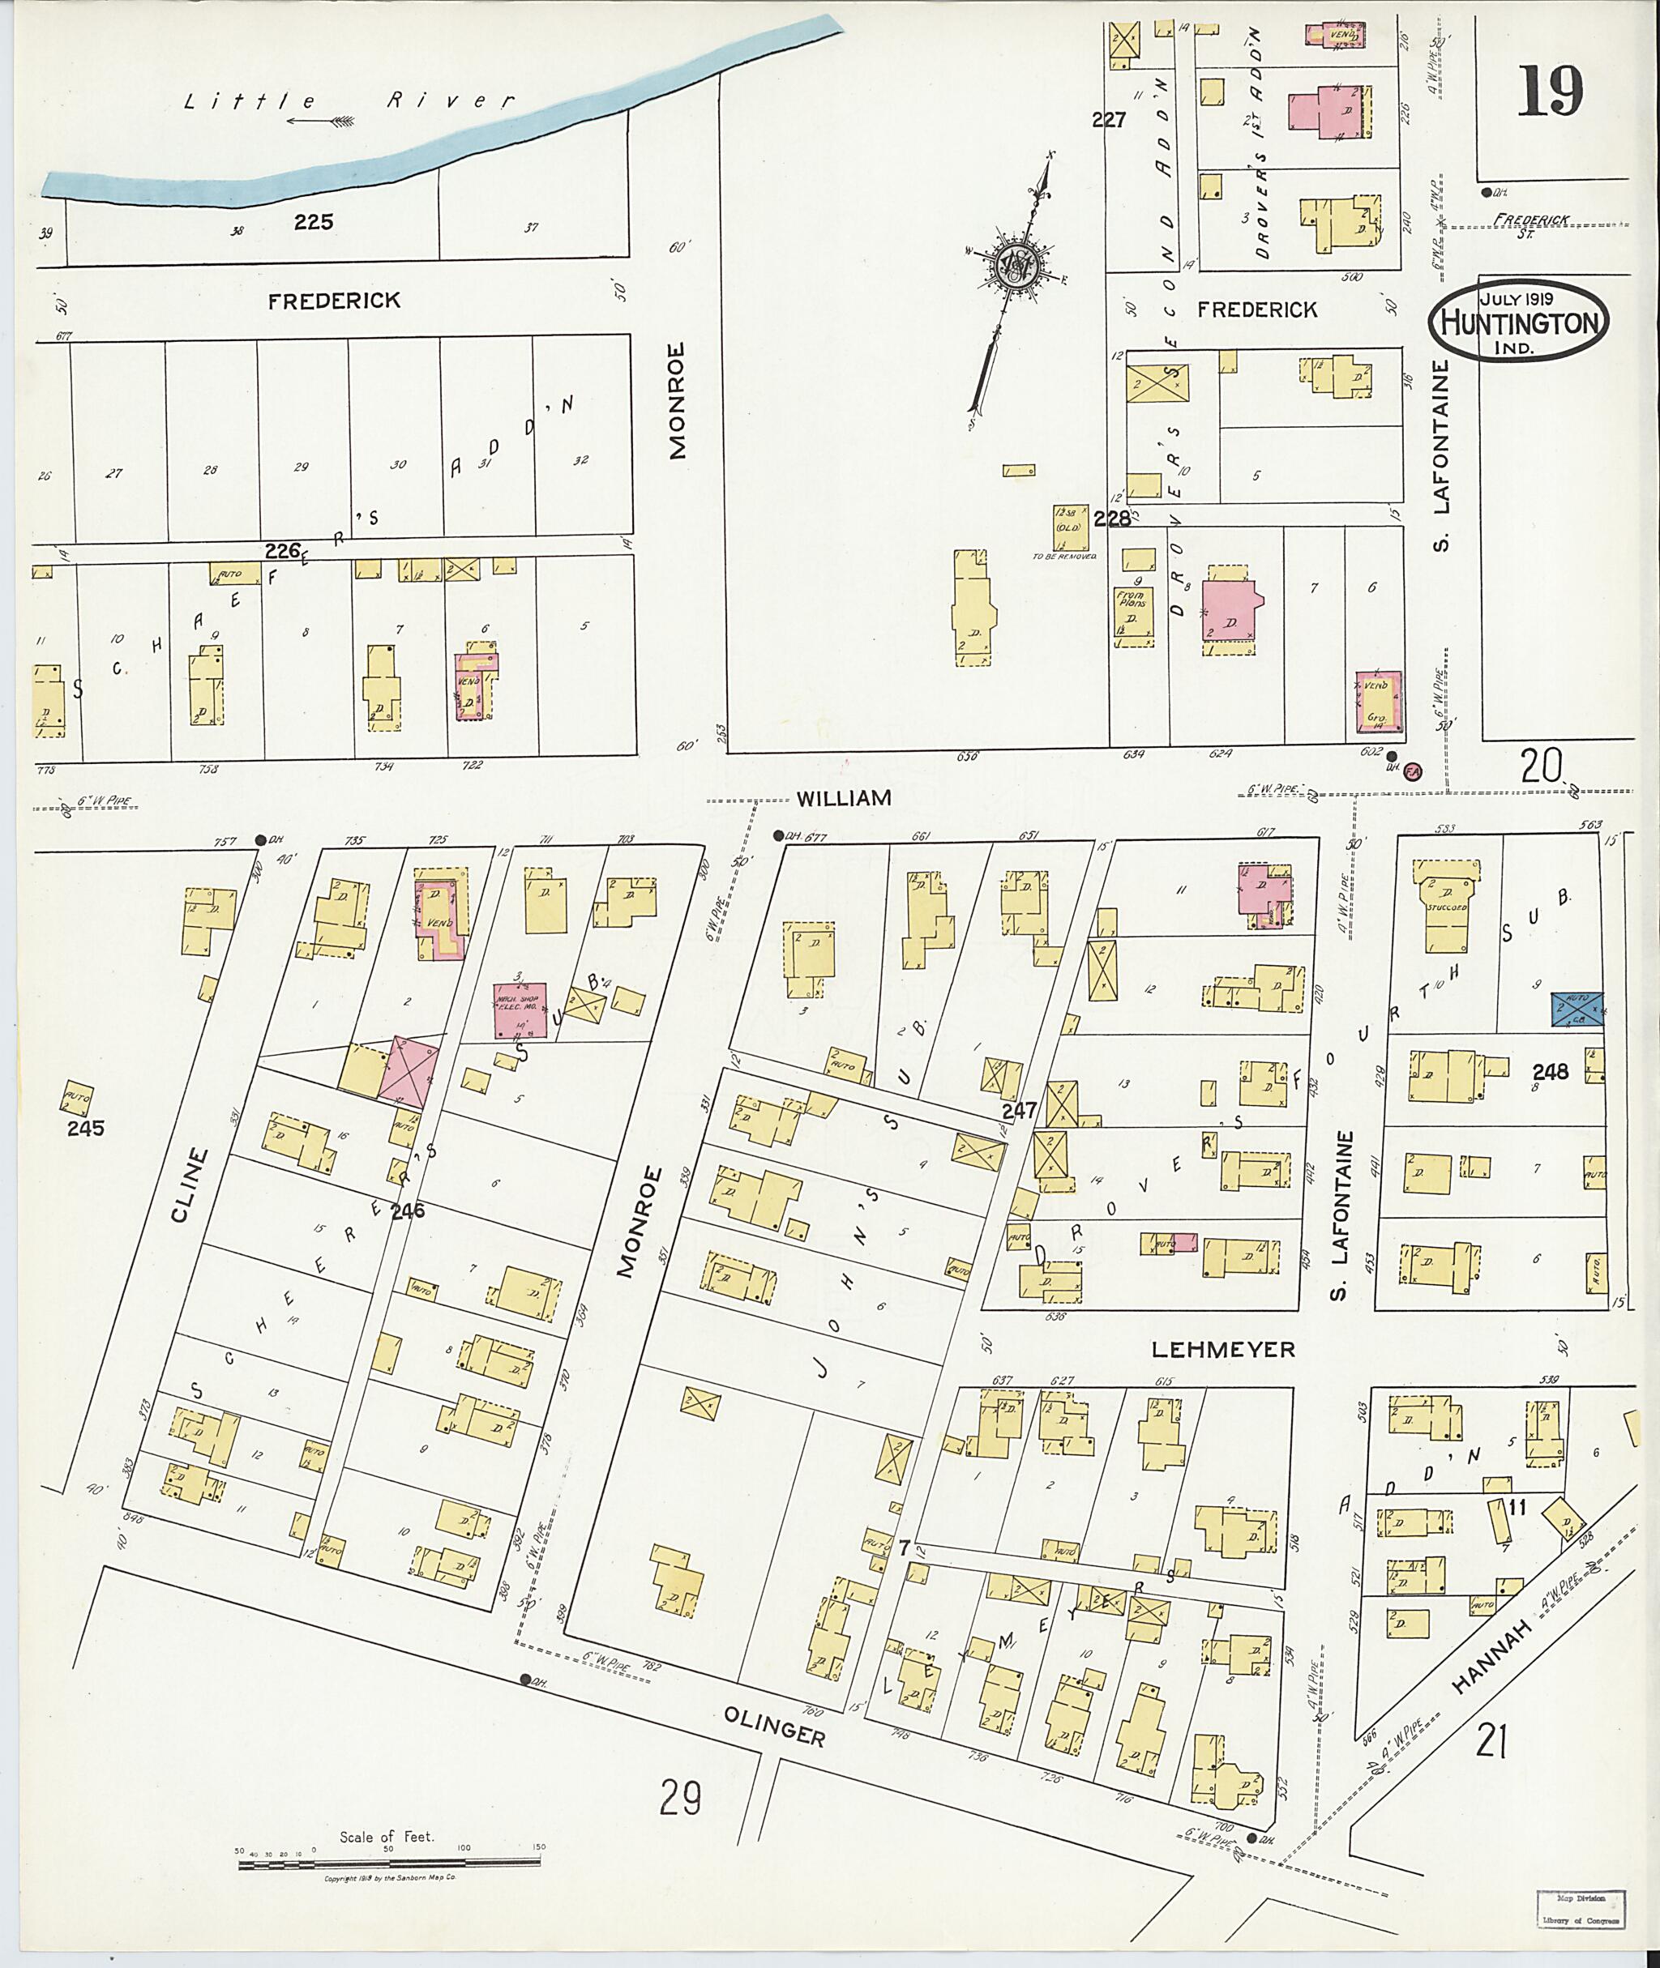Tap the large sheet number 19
[1549, 92]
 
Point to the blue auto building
[1577, 1010]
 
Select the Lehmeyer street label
[1222, 1350]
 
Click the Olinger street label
[775, 1728]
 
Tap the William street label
[843, 799]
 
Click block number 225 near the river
[314, 222]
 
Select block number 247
[1018, 1111]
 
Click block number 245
[86, 1128]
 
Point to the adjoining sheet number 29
[679, 1799]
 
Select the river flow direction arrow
[320, 121]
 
